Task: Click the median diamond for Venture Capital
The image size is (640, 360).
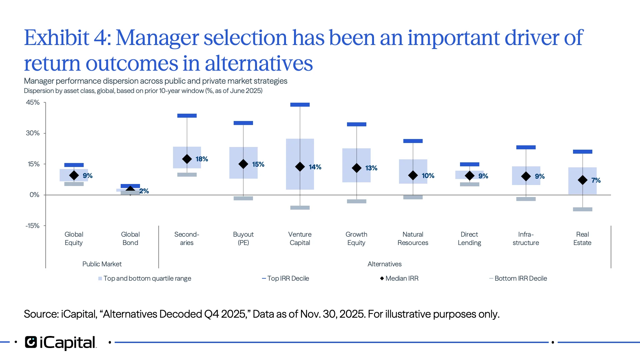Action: (x=300, y=167)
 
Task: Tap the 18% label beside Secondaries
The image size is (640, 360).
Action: (x=202, y=159)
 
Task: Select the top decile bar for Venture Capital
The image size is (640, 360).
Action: (x=300, y=105)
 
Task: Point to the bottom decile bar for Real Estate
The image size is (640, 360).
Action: (x=582, y=209)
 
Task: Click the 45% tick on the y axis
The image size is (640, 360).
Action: (x=33, y=102)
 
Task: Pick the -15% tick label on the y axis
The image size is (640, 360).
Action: (x=32, y=226)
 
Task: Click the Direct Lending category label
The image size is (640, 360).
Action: (x=469, y=238)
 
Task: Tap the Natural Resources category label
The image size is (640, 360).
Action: (x=413, y=238)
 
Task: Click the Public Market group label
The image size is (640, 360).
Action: (x=102, y=264)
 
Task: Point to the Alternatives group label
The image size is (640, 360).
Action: (x=384, y=264)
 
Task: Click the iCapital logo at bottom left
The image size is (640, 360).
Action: (x=60, y=342)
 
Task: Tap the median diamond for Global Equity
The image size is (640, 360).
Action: (x=74, y=175)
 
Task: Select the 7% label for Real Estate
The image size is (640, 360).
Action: (x=596, y=180)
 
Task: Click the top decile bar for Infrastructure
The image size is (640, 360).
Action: (x=526, y=147)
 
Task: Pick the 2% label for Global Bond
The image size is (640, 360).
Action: (x=144, y=191)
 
